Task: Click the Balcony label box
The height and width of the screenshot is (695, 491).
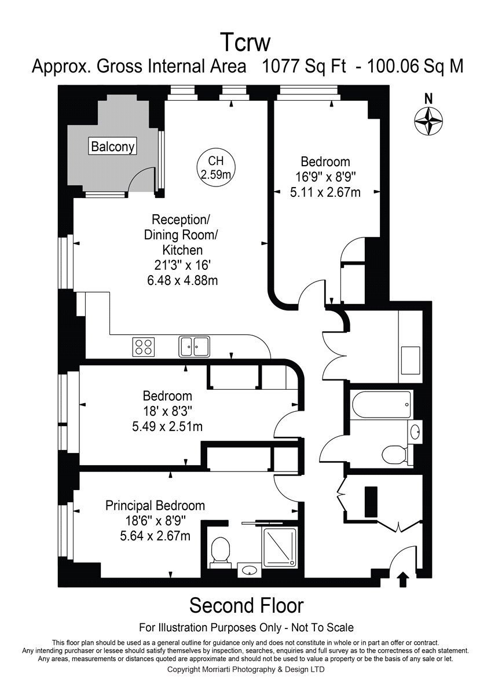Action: (113, 146)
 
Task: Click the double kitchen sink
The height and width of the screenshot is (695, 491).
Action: (194, 346)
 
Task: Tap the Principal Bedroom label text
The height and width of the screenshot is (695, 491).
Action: (155, 506)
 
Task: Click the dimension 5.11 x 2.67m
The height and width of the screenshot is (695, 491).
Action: (325, 193)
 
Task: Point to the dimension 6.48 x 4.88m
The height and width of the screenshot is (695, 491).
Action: (182, 280)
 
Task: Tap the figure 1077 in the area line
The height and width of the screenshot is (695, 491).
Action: (281, 66)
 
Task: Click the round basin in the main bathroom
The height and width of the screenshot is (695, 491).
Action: (415, 431)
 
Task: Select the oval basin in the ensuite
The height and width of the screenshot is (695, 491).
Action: (250, 570)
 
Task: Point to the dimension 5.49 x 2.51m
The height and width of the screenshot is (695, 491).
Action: (167, 427)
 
